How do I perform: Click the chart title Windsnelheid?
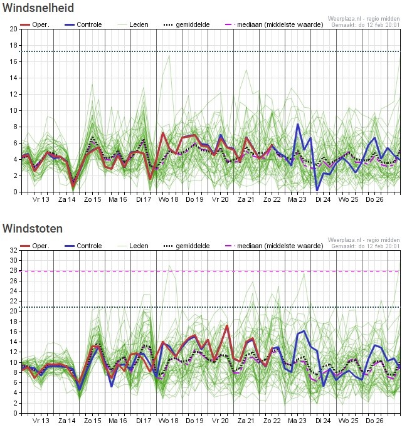point(38,8)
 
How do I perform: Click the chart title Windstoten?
point(33,229)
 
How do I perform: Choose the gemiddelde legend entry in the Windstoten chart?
point(192,246)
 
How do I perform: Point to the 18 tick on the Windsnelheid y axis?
point(14,46)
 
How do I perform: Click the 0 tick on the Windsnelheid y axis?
point(16,192)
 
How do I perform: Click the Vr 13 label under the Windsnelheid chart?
point(41,199)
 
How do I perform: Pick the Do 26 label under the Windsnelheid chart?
point(374,199)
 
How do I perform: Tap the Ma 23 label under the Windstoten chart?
point(297,421)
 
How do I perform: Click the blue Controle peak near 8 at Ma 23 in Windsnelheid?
point(298,124)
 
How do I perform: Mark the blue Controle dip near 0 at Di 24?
point(317,190)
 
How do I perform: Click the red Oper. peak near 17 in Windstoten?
point(226,325)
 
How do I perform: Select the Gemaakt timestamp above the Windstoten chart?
point(366,246)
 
